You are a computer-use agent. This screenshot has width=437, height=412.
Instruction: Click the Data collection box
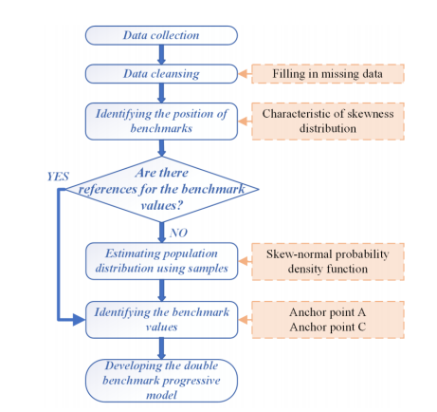point(161,35)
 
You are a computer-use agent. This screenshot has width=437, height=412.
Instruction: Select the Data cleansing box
point(161,74)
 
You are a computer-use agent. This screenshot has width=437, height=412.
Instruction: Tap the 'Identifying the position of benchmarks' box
point(161,122)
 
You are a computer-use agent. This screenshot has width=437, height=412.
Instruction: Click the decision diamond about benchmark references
point(162,189)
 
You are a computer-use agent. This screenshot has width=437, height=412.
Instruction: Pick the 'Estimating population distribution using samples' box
point(161,261)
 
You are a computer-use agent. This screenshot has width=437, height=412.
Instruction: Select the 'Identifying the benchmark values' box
point(161,320)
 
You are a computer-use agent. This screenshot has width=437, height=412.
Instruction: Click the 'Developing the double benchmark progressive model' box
point(161,381)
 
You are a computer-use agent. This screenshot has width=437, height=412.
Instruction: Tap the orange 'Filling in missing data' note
point(328,74)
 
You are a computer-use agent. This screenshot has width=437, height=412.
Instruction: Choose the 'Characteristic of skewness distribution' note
point(328,122)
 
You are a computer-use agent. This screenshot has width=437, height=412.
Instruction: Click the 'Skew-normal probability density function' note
point(328,262)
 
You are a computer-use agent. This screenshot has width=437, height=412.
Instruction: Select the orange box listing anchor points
point(328,320)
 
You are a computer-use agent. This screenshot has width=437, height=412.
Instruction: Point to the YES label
point(58,177)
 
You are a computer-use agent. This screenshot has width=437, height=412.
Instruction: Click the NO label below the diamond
point(178,233)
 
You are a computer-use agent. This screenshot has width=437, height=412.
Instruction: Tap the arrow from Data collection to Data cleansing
point(161,54)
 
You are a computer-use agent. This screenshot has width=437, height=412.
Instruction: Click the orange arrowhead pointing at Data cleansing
point(243,74)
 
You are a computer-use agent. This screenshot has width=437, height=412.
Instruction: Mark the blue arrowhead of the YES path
point(79,320)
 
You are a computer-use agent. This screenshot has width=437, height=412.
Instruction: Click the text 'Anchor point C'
point(328,327)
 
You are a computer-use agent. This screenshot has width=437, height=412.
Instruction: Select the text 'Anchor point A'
point(328,312)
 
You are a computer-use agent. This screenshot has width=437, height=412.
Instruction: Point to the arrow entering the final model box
point(161,348)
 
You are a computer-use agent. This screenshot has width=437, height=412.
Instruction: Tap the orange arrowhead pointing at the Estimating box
point(243,261)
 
